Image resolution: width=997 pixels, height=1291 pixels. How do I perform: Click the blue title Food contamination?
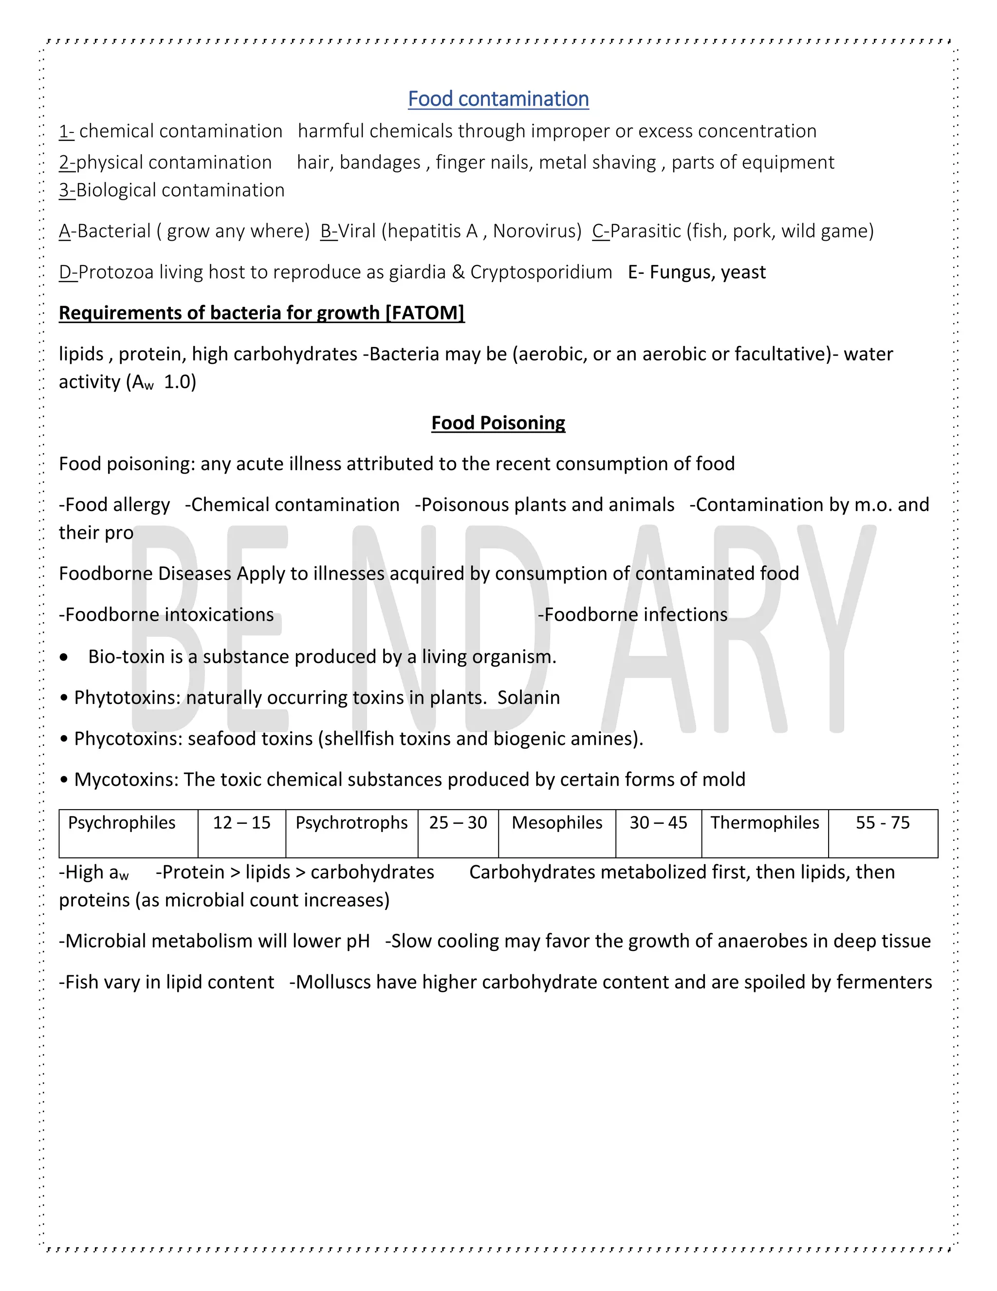(x=498, y=99)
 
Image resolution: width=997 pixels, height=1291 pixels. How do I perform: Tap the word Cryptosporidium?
(x=541, y=272)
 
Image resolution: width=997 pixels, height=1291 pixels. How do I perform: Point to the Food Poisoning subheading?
(x=498, y=423)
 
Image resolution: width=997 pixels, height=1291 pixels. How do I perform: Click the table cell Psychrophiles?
(x=122, y=823)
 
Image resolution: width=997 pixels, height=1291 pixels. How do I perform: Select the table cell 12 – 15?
(x=241, y=823)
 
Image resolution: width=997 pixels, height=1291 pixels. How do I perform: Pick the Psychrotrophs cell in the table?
(x=351, y=823)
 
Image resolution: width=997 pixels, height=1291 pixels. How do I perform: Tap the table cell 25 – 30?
(x=458, y=823)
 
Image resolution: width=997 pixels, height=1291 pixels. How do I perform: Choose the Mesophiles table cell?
(x=557, y=823)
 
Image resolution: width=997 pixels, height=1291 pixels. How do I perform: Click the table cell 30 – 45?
(x=658, y=823)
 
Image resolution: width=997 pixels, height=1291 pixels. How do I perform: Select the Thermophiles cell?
(x=764, y=823)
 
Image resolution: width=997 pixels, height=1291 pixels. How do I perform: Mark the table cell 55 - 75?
(x=883, y=823)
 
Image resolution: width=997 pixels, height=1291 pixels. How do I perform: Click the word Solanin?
(x=528, y=698)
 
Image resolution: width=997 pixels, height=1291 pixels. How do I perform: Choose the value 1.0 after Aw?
(x=180, y=382)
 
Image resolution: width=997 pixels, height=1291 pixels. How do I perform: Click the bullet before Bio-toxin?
(x=64, y=657)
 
